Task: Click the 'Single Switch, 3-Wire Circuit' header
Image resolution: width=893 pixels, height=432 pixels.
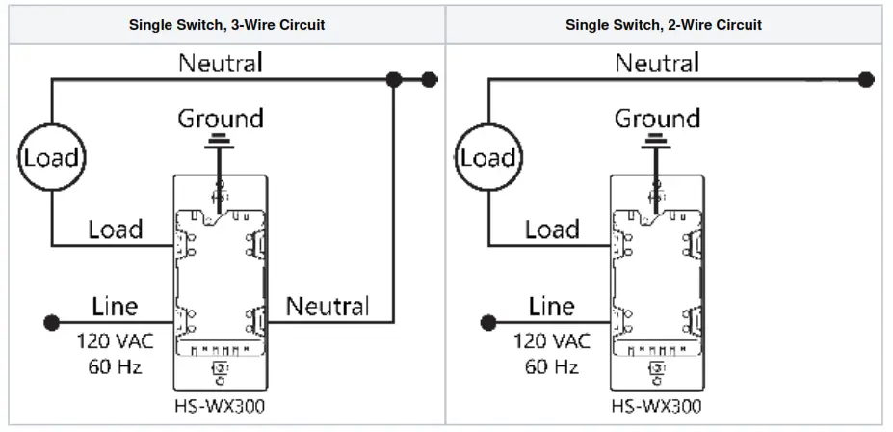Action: (x=226, y=25)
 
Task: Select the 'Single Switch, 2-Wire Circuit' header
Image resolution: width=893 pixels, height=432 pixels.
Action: (x=664, y=25)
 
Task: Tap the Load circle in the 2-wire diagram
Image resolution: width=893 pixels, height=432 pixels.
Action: (x=487, y=157)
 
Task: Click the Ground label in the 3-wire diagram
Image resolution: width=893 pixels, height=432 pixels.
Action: (x=221, y=120)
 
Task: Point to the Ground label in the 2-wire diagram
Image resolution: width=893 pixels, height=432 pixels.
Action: (x=657, y=120)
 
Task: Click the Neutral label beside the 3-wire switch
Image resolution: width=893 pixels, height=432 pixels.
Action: (x=328, y=307)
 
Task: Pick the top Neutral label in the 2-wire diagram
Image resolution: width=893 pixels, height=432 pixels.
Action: (x=657, y=64)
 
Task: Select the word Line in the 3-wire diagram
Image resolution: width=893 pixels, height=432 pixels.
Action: (x=115, y=307)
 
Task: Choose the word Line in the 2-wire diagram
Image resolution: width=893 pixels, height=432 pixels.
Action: (x=552, y=307)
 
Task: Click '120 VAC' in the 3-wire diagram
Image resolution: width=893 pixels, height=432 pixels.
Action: (x=115, y=341)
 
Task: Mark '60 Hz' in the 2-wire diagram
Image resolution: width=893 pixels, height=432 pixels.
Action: (x=552, y=366)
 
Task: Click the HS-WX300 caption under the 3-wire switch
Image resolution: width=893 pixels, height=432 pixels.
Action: (x=220, y=406)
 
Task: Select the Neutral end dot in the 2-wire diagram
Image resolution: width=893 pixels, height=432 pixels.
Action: (x=866, y=79)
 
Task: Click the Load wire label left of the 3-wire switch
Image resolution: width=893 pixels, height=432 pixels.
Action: (x=115, y=229)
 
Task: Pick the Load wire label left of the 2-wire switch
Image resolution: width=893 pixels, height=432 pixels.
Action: (x=552, y=229)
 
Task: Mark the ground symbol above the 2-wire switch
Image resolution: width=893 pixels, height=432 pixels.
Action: (x=657, y=144)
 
